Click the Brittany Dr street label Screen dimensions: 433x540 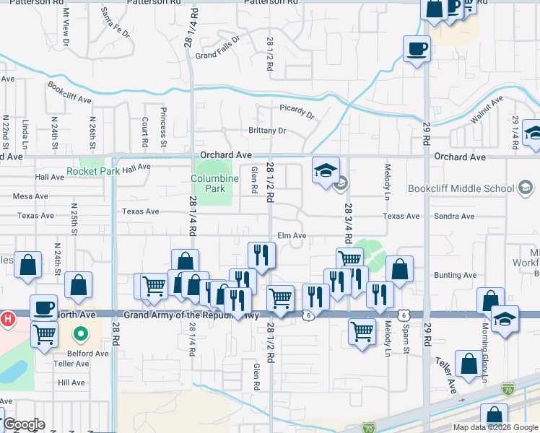(267, 131)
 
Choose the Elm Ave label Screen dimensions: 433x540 (292, 236)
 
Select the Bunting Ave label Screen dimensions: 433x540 (456, 275)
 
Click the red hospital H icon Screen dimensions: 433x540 (8, 318)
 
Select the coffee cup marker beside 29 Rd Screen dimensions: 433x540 (417, 50)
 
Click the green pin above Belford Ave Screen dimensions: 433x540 (81, 334)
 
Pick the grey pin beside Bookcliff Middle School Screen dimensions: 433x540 (526, 188)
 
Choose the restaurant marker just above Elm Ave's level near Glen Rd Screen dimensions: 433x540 (261, 255)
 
